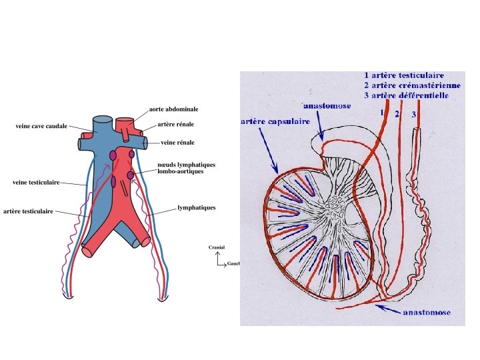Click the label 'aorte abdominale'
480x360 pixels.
point(173,109)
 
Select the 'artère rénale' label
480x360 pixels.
point(176,125)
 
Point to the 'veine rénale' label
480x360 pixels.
point(178,143)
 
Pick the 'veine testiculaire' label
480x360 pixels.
point(36,181)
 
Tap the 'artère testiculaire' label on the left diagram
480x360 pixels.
point(28,211)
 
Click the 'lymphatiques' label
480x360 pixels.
point(197,208)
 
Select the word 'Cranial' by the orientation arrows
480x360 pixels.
point(217,248)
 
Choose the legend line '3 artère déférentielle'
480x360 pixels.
point(406,95)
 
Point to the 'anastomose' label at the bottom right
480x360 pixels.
point(426,312)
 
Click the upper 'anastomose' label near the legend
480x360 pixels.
point(328,105)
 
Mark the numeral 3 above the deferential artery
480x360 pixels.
point(413,115)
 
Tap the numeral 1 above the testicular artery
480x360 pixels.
point(381,113)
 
